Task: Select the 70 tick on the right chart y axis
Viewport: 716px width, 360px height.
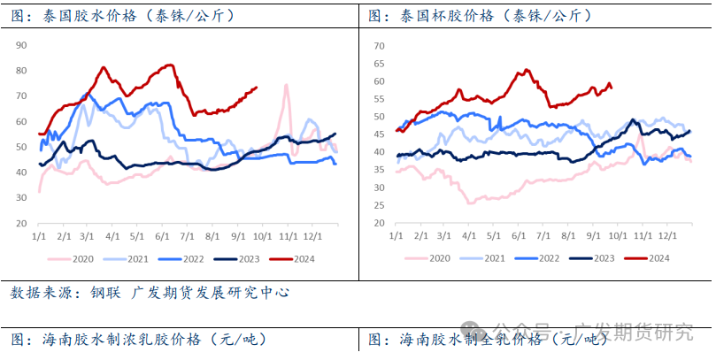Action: (379, 45)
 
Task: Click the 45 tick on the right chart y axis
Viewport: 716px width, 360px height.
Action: (379, 134)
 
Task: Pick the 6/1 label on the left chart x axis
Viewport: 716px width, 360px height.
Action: (162, 237)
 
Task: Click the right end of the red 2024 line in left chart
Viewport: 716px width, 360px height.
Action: (257, 87)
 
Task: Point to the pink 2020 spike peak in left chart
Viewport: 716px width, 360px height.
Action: (286, 85)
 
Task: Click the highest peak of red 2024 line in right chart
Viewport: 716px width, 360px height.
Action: (526, 70)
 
